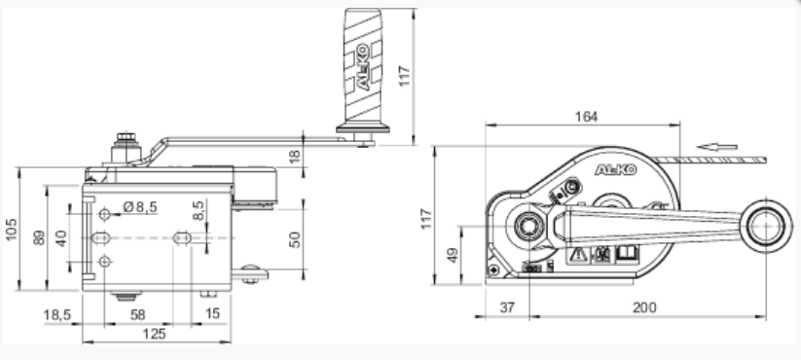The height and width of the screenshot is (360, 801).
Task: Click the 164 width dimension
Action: click(586, 117)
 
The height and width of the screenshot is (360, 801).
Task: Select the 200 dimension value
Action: click(644, 307)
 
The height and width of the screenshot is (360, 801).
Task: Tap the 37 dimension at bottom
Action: click(507, 307)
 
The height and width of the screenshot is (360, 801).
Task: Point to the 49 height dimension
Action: click(453, 255)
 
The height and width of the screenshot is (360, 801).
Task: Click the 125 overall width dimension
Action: click(154, 334)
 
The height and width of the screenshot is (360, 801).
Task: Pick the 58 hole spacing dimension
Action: click(137, 314)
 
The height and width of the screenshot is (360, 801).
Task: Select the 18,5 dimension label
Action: click(56, 314)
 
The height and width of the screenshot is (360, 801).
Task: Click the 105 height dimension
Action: click(11, 230)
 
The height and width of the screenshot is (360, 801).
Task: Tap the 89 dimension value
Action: click(39, 238)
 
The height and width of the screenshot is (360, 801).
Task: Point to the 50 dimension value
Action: click(295, 239)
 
